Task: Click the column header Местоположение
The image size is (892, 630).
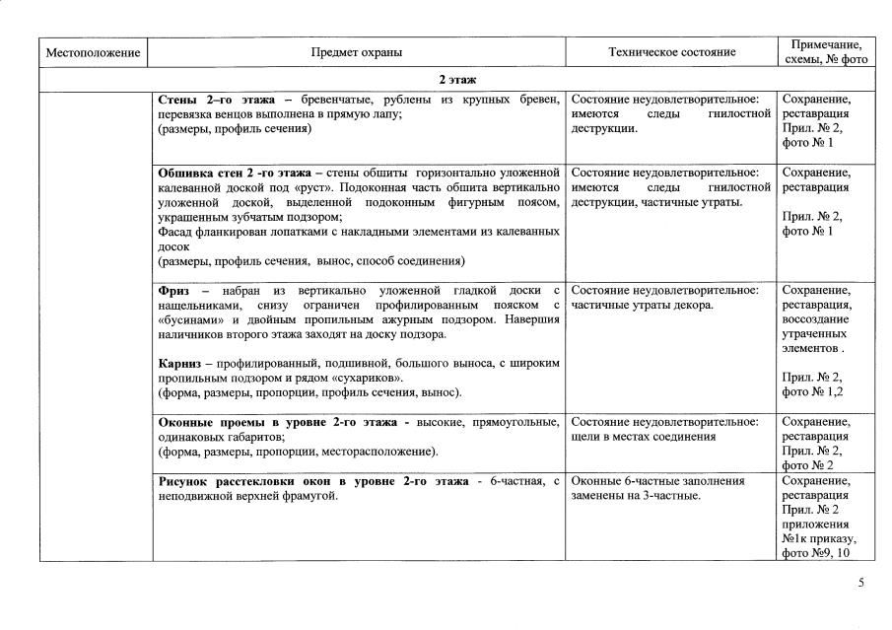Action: pyautogui.click(x=94, y=52)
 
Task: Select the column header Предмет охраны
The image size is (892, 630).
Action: pyautogui.click(x=357, y=52)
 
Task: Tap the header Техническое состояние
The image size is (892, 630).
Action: pyautogui.click(x=671, y=52)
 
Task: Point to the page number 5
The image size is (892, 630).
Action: pyautogui.click(x=861, y=583)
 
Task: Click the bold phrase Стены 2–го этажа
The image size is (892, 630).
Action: pyautogui.click(x=216, y=100)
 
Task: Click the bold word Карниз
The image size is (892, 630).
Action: pyautogui.click(x=181, y=364)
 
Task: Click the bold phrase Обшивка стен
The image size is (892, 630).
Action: pyautogui.click(x=203, y=173)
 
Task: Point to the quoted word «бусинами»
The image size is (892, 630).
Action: pyautogui.click(x=185, y=320)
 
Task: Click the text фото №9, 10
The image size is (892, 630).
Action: pyautogui.click(x=816, y=553)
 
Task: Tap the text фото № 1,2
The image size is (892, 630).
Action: pyautogui.click(x=813, y=392)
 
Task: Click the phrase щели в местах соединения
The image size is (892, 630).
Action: pyautogui.click(x=644, y=437)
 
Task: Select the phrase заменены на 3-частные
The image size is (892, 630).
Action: pyautogui.click(x=635, y=495)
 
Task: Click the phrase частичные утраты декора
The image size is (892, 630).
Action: pyautogui.click(x=642, y=305)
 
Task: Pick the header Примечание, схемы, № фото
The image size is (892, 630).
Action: pyautogui.click(x=826, y=52)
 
